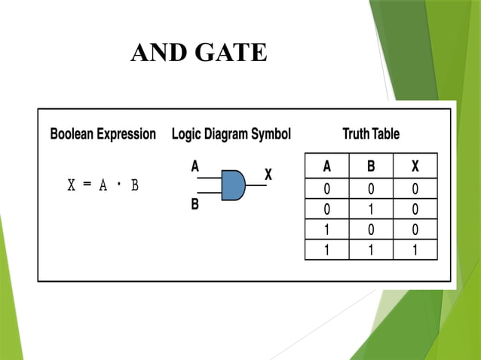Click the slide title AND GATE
click(198, 53)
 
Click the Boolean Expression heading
click(103, 135)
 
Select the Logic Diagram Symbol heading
click(231, 135)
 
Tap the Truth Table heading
click(370, 135)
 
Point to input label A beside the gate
click(195, 167)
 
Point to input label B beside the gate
click(195, 204)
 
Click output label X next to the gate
click(268, 174)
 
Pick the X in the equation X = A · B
click(72, 186)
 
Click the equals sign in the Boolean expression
click(87, 186)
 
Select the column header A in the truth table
click(326, 166)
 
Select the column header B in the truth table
click(370, 166)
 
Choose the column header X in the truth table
click(415, 166)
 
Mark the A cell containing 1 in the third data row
click(326, 230)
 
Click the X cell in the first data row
click(415, 188)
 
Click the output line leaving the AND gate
click(256, 185)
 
